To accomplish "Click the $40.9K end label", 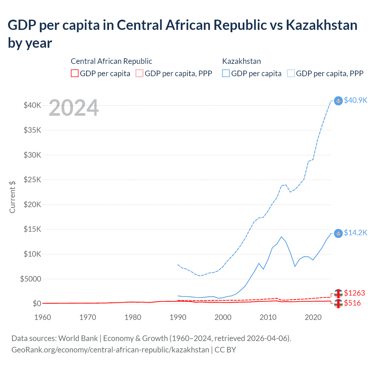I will point(355,100).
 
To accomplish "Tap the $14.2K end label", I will point(355,233).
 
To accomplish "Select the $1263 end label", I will point(354,293).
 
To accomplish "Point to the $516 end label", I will point(352,303).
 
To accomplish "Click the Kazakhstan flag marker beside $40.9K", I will point(338,101).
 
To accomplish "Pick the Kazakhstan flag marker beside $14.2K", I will point(338,233).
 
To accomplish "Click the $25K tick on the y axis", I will point(32,180).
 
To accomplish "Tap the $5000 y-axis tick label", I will point(30,279).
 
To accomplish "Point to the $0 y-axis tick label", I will point(37,304).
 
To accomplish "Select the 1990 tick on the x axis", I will point(178,317).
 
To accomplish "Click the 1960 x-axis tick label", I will point(42,317).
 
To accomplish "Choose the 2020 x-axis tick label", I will point(313,317).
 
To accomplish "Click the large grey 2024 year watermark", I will point(74,108).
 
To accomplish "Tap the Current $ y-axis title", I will point(12,197).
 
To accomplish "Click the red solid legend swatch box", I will point(75,73).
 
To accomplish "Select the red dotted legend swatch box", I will point(139,73).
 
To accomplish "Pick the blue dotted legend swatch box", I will point(291,73).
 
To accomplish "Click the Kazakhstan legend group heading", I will point(241,61).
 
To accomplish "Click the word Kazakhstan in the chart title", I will point(321,25).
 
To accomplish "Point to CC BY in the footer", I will point(225,350).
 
